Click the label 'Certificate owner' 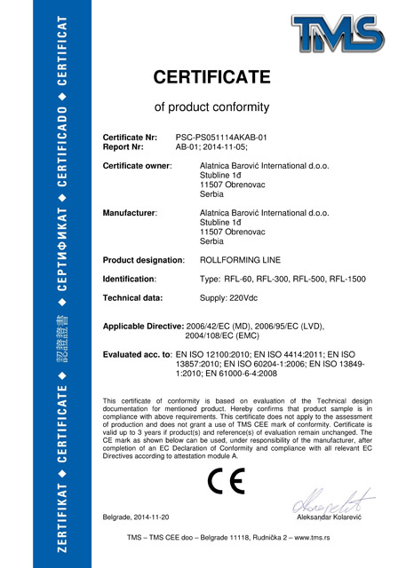[x=138, y=166]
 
